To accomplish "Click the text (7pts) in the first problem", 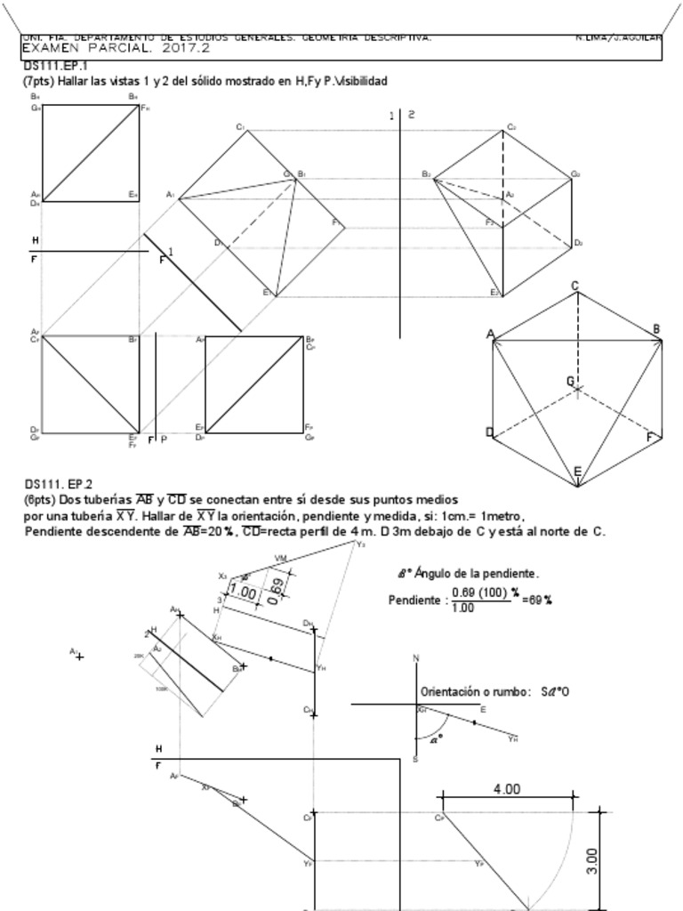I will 38,81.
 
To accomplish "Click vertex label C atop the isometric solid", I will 575,286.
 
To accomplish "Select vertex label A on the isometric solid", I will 490,334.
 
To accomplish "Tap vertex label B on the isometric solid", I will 656,329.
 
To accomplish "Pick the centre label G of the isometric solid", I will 570,381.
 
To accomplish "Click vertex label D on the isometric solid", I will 489,432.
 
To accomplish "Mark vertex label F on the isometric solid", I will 650,438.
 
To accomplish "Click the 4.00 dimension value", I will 506,789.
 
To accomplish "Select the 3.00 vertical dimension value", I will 593,860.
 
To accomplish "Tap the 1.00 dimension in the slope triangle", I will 243,592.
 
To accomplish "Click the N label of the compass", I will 415,658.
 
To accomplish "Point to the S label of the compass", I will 415,759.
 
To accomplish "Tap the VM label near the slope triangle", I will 281,558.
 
